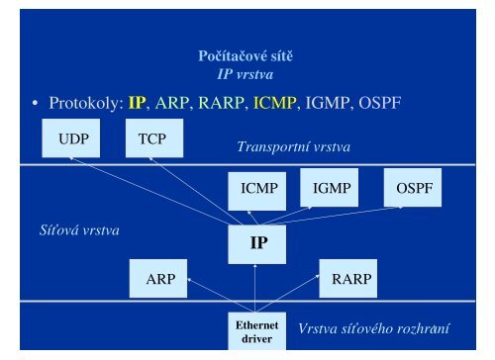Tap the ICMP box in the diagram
tap(257, 188)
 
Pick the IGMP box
tap(331, 188)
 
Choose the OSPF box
tap(413, 188)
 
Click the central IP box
tap(257, 241)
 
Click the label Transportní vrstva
tap(295, 146)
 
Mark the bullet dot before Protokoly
tap(34, 104)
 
